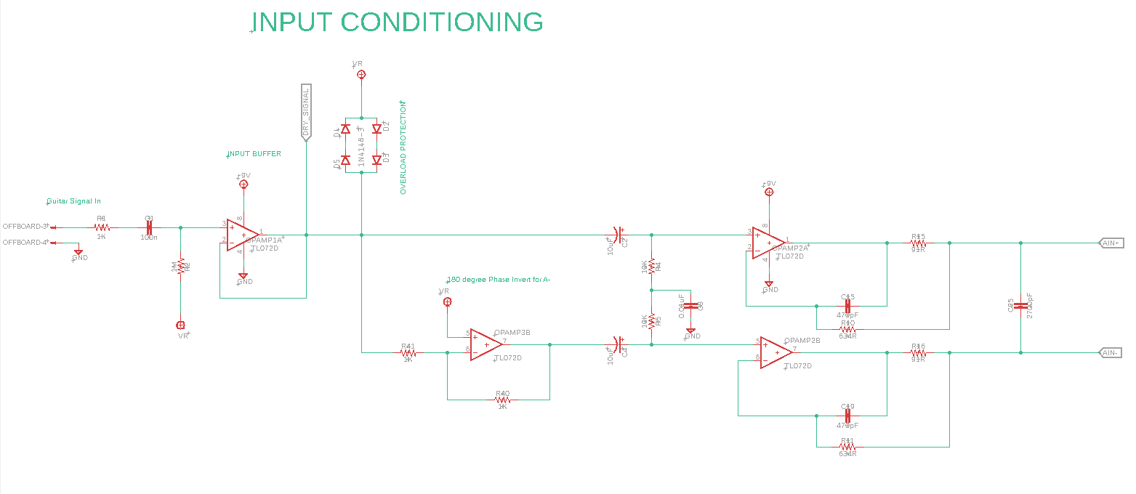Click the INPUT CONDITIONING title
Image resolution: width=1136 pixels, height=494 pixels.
398,22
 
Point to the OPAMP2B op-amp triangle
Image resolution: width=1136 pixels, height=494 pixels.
776,352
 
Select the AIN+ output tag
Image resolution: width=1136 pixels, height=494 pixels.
1112,243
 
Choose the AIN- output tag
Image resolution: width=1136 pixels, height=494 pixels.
1112,353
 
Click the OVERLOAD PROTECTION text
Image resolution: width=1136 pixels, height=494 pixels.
403,147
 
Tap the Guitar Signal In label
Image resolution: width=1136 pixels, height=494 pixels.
74,201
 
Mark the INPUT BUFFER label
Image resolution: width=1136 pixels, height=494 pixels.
254,154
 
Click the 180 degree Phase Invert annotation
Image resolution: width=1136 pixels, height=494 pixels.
499,280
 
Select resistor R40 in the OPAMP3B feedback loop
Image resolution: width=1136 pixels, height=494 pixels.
502,400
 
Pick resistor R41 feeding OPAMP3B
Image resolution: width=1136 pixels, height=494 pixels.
408,353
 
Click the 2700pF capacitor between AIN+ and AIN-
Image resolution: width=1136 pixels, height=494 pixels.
1021,305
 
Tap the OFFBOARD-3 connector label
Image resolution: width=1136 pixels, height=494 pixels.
26,227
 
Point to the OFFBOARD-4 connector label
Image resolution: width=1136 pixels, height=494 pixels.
26,242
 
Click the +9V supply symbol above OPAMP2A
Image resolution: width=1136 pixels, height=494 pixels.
769,192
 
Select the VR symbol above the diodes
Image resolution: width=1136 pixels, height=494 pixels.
361,74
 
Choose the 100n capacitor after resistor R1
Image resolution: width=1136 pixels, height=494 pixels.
150,227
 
